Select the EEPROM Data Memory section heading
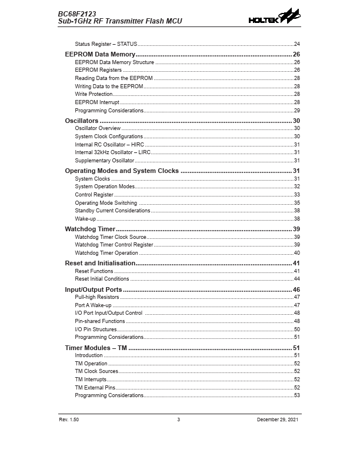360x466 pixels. tap(100, 54)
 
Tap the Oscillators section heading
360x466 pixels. tap(81, 120)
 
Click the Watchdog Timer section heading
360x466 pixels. tap(89, 228)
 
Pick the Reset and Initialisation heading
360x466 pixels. tap(100, 262)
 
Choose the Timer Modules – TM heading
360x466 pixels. tap(96, 348)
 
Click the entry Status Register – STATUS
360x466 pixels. tap(106, 44)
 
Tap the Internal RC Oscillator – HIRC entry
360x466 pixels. tap(109, 144)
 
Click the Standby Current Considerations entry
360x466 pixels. tap(112, 210)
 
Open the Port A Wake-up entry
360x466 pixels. tap(93, 305)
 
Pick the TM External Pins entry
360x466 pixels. tap(95, 387)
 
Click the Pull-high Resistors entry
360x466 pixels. tap(97, 298)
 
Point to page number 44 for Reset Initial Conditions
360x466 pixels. tap(297, 278)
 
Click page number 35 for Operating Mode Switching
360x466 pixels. tap(297, 202)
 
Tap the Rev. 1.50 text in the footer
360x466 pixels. tap(69, 419)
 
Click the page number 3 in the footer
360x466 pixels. tap(178, 419)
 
